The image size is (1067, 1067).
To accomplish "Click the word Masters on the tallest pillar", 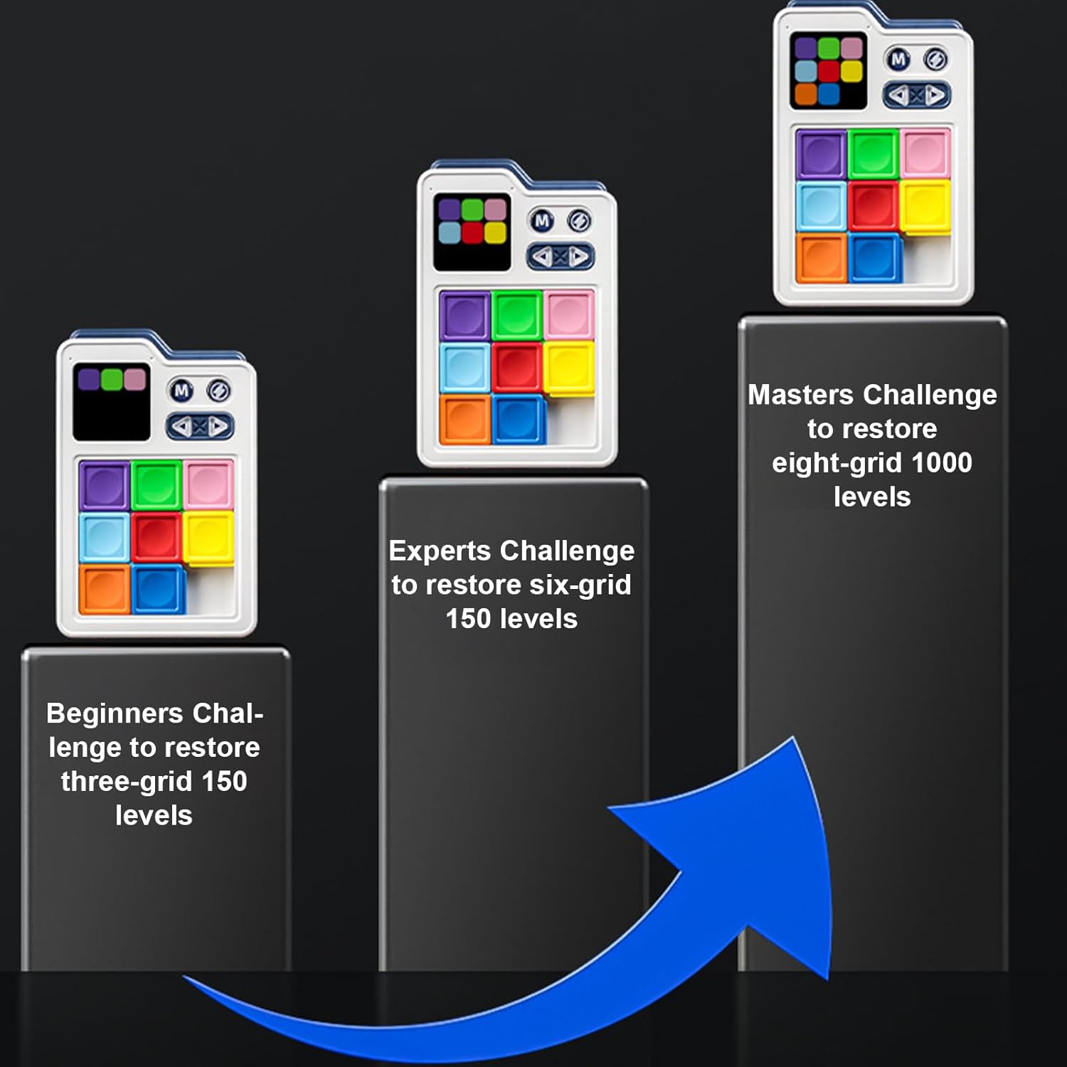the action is pyautogui.click(x=800, y=394).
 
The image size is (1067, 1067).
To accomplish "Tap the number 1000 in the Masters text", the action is pyautogui.click(x=942, y=462).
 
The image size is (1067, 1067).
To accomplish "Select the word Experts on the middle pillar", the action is pyautogui.click(x=440, y=551).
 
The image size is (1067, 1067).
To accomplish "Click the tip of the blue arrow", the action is pyautogui.click(x=793, y=738).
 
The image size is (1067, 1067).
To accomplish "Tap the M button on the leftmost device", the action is pyautogui.click(x=182, y=391).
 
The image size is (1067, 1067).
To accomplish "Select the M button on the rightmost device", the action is pyautogui.click(x=899, y=60).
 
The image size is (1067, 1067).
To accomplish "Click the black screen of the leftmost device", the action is pyautogui.click(x=112, y=402).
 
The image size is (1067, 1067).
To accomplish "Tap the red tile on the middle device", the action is pyautogui.click(x=516, y=367).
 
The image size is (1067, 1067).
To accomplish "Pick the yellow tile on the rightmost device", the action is pyautogui.click(x=925, y=207).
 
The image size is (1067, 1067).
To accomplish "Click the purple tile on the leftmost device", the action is pyautogui.click(x=105, y=486).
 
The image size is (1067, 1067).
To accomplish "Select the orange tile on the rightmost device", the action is pyautogui.click(x=821, y=258).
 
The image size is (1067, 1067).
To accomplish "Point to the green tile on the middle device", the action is pyautogui.click(x=516, y=315).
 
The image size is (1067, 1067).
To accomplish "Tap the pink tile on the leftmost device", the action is pyautogui.click(x=208, y=484).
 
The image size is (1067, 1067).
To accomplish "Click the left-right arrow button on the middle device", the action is pyautogui.click(x=561, y=256).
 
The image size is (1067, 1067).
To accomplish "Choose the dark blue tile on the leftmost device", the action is pyautogui.click(x=158, y=589).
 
